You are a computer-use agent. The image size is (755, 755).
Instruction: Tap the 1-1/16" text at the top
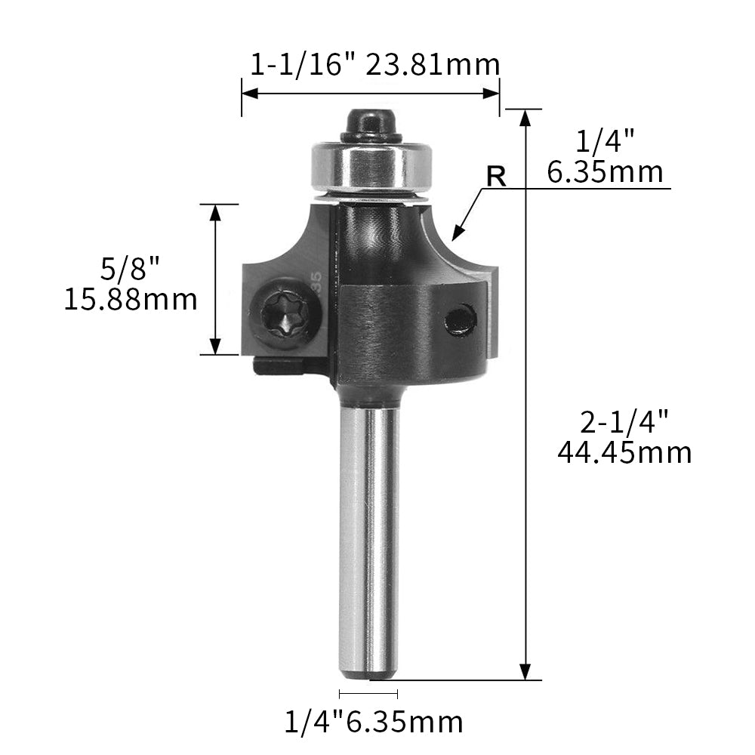coord(304,66)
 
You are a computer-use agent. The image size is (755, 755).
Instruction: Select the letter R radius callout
coord(496,176)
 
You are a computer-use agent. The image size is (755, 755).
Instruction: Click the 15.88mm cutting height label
coord(130,300)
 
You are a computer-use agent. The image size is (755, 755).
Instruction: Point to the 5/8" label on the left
coord(130,268)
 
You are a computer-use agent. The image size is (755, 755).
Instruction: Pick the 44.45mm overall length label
coord(624,452)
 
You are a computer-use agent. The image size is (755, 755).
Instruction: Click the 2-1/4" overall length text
coord(624,421)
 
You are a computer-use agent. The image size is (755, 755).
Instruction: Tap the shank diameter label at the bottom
coord(374,723)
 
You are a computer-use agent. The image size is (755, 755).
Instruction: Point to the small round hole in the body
coord(459,319)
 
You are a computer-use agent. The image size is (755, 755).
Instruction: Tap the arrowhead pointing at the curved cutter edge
coord(458,233)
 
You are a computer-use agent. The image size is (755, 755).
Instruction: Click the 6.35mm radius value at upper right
coord(605,173)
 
